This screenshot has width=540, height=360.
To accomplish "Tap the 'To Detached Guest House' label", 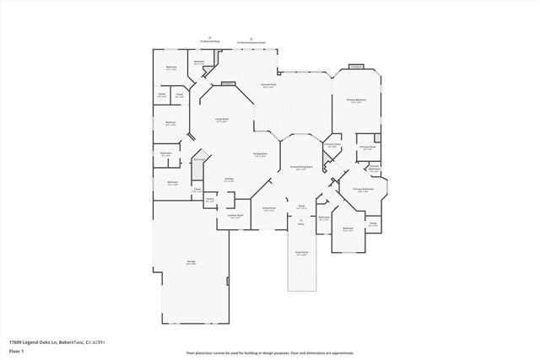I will click(x=251, y=40).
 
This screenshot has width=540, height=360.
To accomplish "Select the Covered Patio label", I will click(x=267, y=86).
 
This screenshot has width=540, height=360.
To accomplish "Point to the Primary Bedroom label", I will click(x=357, y=99).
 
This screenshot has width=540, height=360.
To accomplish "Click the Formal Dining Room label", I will click(x=302, y=168).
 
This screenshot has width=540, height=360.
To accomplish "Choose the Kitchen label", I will click(x=229, y=179).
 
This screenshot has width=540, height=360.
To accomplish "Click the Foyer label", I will click(x=300, y=207).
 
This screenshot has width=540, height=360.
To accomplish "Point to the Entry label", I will click(x=300, y=223).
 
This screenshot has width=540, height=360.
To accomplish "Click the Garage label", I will click(x=192, y=262).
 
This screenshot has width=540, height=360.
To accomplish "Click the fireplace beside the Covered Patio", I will click(x=228, y=83).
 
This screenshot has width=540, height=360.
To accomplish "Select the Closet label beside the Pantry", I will click(x=197, y=189).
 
